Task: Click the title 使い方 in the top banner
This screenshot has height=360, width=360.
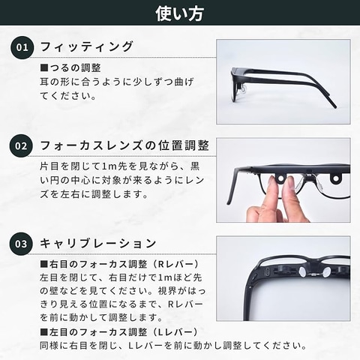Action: tap(179, 13)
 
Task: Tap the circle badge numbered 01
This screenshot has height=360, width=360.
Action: tap(22, 47)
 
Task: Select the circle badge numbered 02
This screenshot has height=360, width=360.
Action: tap(21, 145)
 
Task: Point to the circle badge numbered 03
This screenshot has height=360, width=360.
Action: tap(21, 244)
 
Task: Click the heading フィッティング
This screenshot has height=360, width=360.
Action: tap(86, 46)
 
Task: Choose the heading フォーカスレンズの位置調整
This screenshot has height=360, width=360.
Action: tap(124, 145)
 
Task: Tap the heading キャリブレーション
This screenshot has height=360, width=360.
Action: tap(98, 244)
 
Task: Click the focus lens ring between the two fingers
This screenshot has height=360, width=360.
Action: tap(281, 178)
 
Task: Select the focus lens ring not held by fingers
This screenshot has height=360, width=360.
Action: tap(335, 178)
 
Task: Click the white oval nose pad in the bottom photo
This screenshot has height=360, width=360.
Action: tap(302, 271)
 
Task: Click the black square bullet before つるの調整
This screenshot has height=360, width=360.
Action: tap(44, 68)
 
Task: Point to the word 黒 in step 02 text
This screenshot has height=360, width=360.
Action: tap(194, 166)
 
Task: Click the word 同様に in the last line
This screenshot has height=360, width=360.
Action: tap(54, 346)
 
